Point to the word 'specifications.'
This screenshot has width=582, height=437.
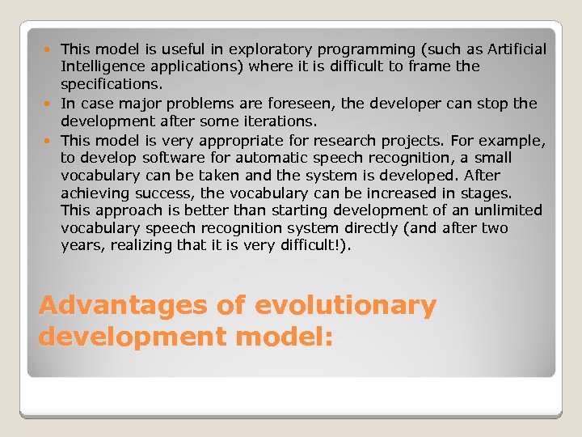[x=112, y=84]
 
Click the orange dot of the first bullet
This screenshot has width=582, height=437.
[x=52, y=50]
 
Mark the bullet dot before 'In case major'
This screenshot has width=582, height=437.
[x=52, y=104]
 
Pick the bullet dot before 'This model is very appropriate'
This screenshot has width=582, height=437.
[x=52, y=140]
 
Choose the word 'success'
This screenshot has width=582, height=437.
[x=167, y=193]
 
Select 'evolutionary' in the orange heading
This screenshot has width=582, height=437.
[x=345, y=306]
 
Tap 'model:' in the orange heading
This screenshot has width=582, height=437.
[x=279, y=336]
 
